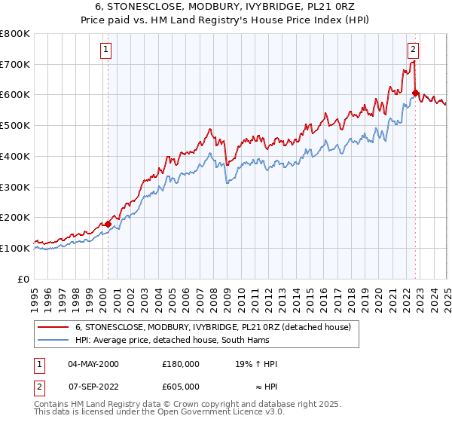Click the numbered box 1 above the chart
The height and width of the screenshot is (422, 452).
click(106, 50)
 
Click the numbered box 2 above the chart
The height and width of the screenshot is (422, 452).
click(414, 50)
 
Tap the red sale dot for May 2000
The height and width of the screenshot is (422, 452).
click(108, 224)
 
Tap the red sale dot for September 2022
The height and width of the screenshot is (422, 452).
click(415, 93)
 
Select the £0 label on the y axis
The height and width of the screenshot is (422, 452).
click(24, 279)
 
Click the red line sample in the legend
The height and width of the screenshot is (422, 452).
click(53, 327)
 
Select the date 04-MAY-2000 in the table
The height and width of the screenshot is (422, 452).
click(93, 364)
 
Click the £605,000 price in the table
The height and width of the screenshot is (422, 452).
click(181, 386)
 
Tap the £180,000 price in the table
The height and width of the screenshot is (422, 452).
click(181, 364)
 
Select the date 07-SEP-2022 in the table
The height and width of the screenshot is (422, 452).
click(93, 386)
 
